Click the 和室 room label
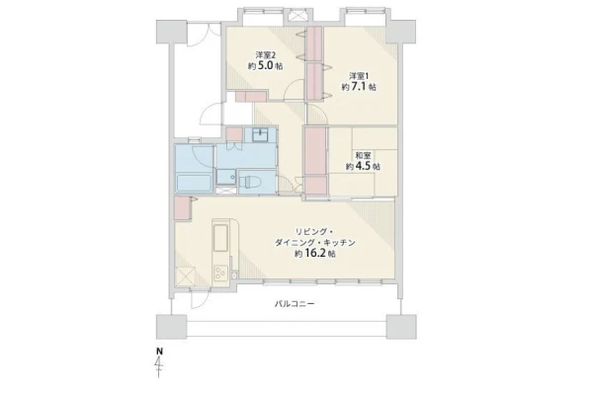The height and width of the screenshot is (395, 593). pyautogui.click(x=363, y=155)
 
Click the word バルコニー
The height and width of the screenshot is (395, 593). pyautogui.click(x=295, y=303)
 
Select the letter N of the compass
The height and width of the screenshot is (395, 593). pyautogui.click(x=159, y=352)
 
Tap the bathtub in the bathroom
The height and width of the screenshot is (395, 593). pyautogui.click(x=194, y=184)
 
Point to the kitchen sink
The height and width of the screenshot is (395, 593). pyautogui.click(x=220, y=238)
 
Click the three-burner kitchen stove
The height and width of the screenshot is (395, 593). pyautogui.click(x=220, y=273)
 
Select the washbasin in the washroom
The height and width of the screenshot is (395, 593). pyautogui.click(x=260, y=135)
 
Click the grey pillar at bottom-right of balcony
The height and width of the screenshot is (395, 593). pyautogui.click(x=401, y=327)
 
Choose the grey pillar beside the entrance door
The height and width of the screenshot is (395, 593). pyautogui.click(x=171, y=32)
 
